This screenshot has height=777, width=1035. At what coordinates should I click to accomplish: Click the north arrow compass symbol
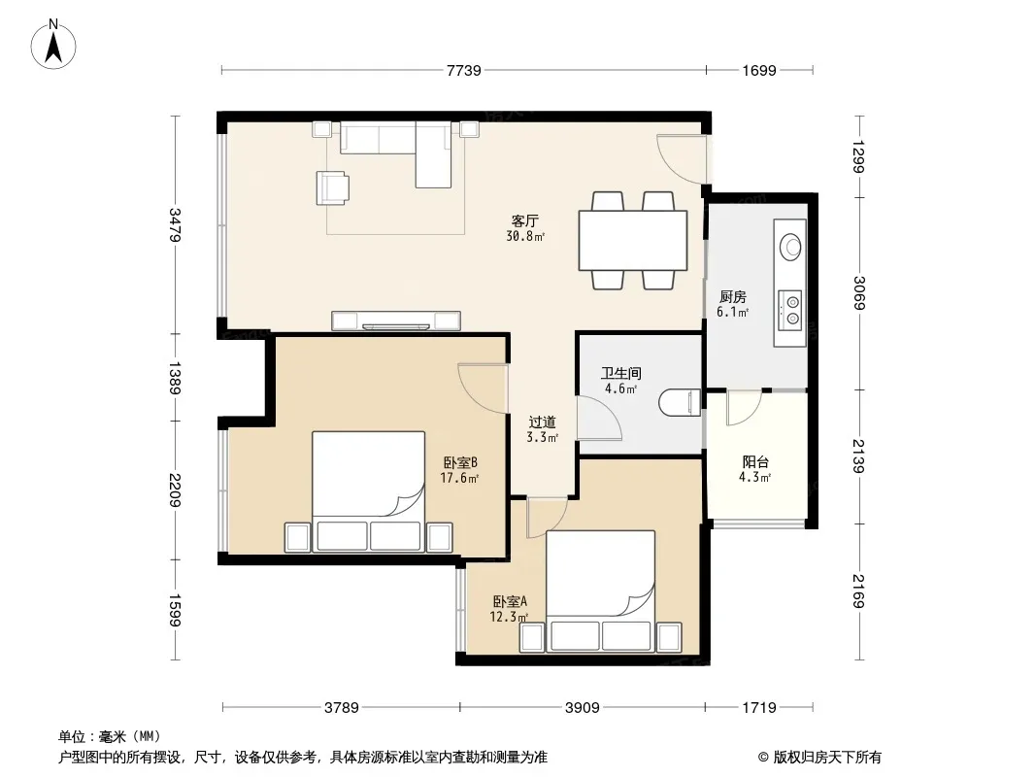[53, 44]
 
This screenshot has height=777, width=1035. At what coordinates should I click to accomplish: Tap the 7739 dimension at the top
[463, 70]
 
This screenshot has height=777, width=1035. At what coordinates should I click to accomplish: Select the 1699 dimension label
[759, 70]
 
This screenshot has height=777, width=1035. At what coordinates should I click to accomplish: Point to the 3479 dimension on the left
[175, 225]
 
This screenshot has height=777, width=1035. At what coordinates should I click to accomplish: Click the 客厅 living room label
[524, 220]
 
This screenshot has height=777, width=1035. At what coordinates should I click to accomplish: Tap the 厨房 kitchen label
[733, 297]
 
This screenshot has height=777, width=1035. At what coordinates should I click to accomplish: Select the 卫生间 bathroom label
[620, 373]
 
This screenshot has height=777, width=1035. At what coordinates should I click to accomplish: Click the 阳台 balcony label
[755, 462]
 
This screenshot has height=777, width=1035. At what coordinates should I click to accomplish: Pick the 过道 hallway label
[542, 422]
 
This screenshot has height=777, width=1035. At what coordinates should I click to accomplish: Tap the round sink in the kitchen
[790, 247]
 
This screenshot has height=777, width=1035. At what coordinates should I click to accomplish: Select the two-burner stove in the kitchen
[790, 311]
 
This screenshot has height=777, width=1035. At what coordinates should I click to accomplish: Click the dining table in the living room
[633, 240]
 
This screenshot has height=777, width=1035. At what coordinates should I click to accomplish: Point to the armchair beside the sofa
[333, 187]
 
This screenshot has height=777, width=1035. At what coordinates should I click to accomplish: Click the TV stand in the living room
[396, 321]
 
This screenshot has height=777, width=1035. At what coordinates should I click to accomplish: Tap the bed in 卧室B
[368, 491]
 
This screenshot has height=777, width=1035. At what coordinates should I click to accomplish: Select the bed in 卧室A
[601, 591]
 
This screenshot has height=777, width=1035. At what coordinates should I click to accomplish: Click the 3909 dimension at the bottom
[583, 708]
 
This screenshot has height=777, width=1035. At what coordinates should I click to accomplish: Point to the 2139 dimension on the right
[858, 456]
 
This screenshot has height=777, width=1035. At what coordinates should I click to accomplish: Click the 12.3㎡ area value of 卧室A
[508, 618]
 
